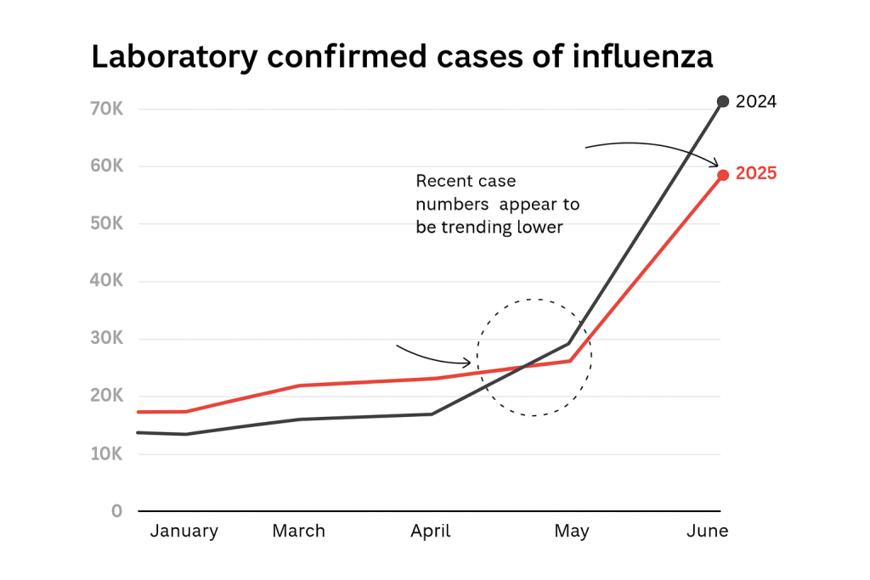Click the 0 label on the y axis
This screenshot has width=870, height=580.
pyautogui.click(x=117, y=511)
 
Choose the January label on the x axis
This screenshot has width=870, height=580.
pyautogui.click(x=184, y=532)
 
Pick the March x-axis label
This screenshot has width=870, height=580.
pyautogui.click(x=298, y=532)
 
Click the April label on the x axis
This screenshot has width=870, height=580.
pyautogui.click(x=430, y=532)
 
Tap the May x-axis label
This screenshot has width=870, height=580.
pyautogui.click(x=571, y=532)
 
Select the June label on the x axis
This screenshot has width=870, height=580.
pyautogui.click(x=707, y=532)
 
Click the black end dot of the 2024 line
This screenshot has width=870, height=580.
pyautogui.click(x=723, y=102)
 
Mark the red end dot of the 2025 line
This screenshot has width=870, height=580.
pyautogui.click(x=723, y=175)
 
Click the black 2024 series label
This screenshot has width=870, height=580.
pyautogui.click(x=756, y=102)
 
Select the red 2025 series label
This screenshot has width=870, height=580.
pyautogui.click(x=756, y=174)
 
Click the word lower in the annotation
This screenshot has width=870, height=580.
pyautogui.click(x=540, y=228)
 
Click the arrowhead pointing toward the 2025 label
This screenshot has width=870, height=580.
pyautogui.click(x=715, y=164)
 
